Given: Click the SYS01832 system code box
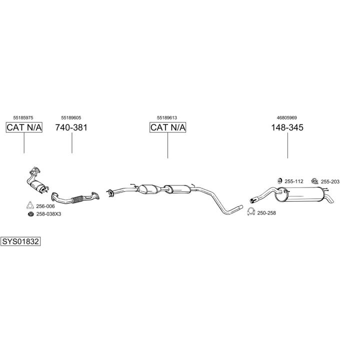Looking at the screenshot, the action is [x=20, y=241].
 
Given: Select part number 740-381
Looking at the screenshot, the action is [x=71, y=127].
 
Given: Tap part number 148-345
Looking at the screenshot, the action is [x=287, y=127].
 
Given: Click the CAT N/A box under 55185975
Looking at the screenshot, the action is [x=24, y=127].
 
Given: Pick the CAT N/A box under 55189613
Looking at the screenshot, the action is [x=167, y=127].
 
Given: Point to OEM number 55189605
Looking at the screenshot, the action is [x=71, y=118].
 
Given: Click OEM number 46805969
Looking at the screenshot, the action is [x=287, y=118].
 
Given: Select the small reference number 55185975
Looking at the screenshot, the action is [x=23, y=118].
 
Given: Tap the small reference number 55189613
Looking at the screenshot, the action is [x=167, y=118].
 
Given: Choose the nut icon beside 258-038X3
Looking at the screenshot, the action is [x=30, y=214].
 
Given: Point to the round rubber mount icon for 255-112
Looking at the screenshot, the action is [x=279, y=181].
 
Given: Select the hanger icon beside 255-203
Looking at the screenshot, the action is [x=314, y=181].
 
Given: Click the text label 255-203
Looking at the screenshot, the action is [x=330, y=181].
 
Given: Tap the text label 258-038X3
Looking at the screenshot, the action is [x=48, y=214].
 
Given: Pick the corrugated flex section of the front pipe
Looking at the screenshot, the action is [x=77, y=199].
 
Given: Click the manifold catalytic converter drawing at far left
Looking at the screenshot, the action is [x=36, y=180].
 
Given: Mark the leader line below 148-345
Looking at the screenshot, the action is [x=287, y=145].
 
